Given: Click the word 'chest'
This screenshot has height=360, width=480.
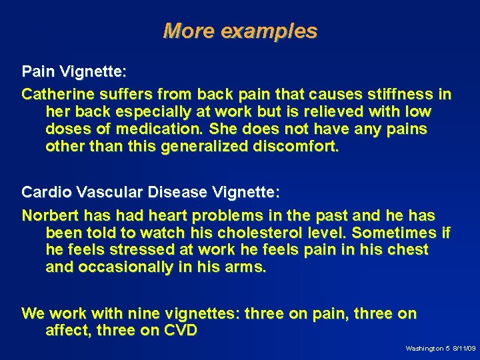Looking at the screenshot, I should tap(409, 251).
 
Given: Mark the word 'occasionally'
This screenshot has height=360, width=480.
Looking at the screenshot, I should tap(121, 268).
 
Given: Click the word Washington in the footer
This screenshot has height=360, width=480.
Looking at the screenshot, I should tap(424, 349).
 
